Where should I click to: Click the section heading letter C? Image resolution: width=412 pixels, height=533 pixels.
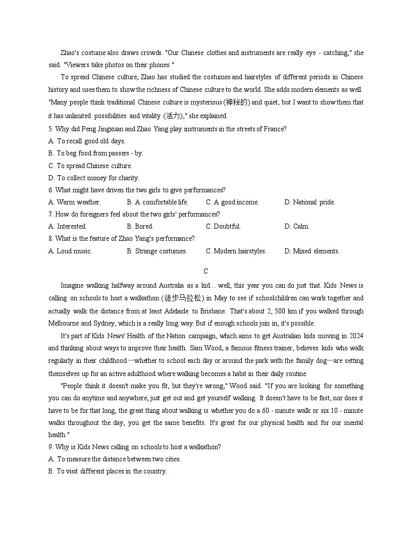(x=205, y=272)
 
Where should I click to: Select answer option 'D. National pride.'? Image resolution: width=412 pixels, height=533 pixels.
(x=310, y=202)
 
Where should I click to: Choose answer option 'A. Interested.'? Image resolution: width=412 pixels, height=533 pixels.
(x=68, y=227)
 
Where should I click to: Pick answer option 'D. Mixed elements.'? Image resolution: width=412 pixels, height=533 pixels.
(x=312, y=251)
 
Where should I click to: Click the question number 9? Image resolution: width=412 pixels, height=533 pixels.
(x=50, y=447)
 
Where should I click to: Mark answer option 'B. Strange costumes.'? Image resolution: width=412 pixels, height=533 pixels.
(x=157, y=251)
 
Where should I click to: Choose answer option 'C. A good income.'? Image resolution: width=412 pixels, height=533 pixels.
(x=232, y=202)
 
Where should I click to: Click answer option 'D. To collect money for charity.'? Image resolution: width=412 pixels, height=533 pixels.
(x=94, y=178)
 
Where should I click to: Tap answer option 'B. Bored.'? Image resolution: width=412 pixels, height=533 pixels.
(x=140, y=227)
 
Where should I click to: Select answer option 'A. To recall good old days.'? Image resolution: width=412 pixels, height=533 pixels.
(x=87, y=141)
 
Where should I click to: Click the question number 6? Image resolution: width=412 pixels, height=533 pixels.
(x=50, y=190)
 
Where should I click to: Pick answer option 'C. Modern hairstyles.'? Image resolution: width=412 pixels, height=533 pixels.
(x=236, y=251)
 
